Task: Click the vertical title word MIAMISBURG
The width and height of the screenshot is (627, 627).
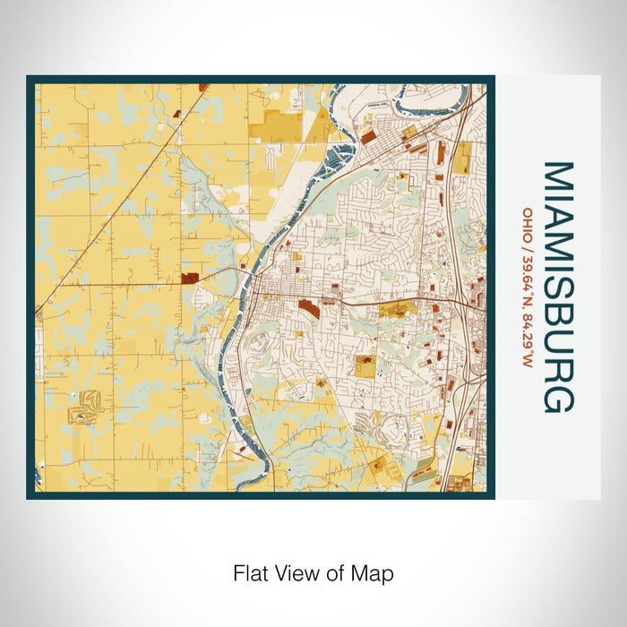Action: pyautogui.click(x=557, y=288)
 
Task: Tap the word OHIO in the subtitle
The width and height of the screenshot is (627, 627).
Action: pyautogui.click(x=528, y=220)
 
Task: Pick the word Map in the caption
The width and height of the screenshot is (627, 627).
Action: pyautogui.click(x=374, y=573)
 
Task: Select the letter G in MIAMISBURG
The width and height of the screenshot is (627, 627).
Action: pyautogui.click(x=557, y=399)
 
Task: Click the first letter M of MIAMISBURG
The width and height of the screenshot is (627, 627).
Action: pyautogui.click(x=557, y=176)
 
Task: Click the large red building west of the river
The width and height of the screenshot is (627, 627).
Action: pyautogui.click(x=190, y=279)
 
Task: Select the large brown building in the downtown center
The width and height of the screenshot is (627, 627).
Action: pyautogui.click(x=307, y=307)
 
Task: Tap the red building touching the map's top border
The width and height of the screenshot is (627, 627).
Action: pyautogui.click(x=204, y=87)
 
